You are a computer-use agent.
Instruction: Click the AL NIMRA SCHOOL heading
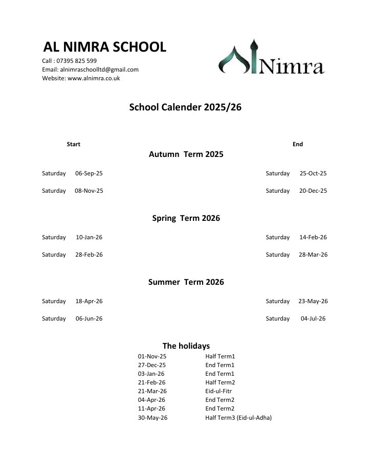104,47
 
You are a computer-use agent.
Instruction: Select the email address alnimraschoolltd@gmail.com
99,70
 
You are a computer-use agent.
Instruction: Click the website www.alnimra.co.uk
94,78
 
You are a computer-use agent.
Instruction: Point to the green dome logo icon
237,57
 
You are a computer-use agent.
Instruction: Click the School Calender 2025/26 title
185,107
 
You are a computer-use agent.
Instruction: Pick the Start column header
73,144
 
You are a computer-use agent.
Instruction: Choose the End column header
298,144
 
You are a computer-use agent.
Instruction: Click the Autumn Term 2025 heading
186,154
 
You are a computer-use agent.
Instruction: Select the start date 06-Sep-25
89,173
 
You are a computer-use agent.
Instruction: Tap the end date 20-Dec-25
313,191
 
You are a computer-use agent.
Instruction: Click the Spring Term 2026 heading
186,218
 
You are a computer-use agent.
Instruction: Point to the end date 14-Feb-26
313,237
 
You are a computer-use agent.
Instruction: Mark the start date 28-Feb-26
89,255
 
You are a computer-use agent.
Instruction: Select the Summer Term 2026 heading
186,282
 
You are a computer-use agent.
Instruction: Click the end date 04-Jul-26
313,319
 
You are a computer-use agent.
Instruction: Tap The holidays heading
186,346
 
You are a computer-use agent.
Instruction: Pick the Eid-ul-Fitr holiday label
218,391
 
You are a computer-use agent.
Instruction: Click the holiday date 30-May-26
152,418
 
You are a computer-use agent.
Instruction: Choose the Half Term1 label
220,356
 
